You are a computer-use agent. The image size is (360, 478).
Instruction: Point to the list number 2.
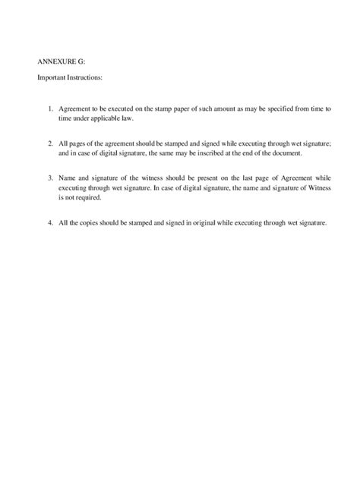(x=49, y=143)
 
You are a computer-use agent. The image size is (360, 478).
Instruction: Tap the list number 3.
(x=49, y=178)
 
